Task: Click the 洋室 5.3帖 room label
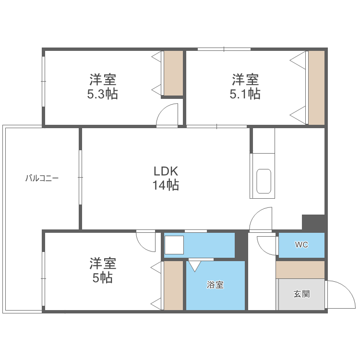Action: point(102,86)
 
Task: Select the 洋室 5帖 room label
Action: point(102,270)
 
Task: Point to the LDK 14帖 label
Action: point(166,178)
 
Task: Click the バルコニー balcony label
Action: point(42,178)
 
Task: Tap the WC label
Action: point(301,245)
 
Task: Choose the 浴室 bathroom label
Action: point(215,285)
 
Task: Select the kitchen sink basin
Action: point(264,181)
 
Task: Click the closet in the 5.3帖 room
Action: point(173,73)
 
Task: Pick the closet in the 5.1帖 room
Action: point(316,87)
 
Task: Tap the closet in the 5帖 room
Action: point(173,285)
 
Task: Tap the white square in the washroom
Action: point(174,245)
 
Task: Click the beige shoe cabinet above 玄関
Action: point(300,269)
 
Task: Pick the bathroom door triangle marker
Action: point(195,264)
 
